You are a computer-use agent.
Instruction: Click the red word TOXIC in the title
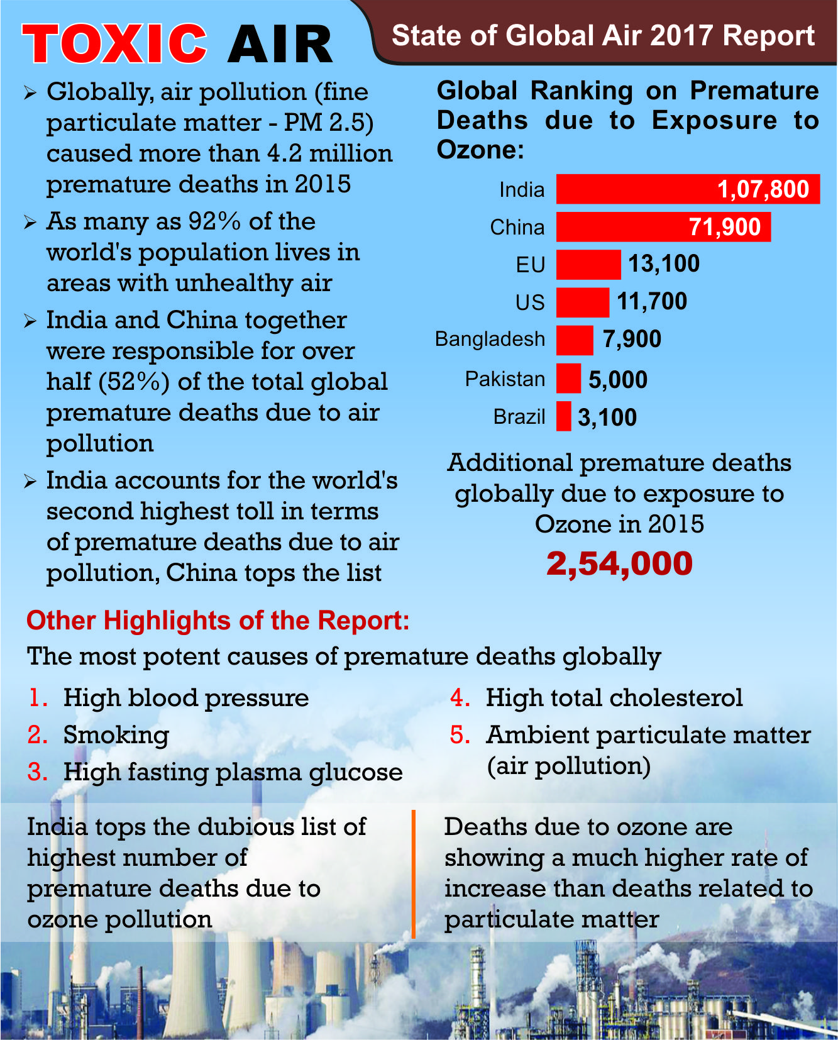point(115,43)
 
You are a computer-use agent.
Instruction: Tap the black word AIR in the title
point(280,45)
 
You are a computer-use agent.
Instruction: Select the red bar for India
point(688,189)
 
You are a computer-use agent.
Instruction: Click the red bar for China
point(663,226)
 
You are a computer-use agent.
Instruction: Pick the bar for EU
point(588,264)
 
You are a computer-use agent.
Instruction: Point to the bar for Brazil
point(564,416)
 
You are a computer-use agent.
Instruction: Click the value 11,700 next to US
point(652,302)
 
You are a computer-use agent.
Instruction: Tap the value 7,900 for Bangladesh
point(632,340)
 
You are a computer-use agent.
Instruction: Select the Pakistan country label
point(505,379)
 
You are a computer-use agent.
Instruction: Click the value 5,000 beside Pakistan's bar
point(618,380)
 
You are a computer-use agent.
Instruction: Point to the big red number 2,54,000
point(619,563)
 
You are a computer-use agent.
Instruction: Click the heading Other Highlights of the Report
point(218,621)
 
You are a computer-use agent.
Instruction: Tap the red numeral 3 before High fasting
point(37,772)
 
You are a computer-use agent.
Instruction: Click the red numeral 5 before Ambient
point(460,734)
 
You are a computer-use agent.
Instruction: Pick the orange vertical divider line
point(414,874)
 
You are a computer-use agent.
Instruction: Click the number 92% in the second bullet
point(214,221)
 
